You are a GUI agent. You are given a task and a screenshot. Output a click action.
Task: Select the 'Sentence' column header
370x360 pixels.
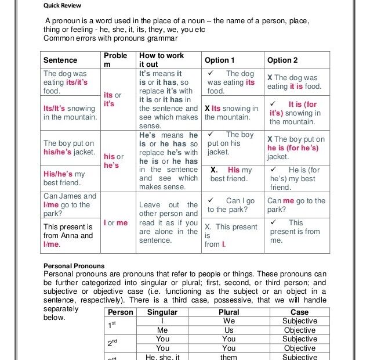point(60,60)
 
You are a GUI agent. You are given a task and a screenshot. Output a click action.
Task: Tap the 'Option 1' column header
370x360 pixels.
point(220,60)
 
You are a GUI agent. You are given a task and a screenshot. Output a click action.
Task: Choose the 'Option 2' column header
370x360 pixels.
point(282,60)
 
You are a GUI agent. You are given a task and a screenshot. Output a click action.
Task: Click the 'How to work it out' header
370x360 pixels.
point(161,60)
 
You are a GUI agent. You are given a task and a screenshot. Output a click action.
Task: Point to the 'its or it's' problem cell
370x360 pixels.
point(113,99)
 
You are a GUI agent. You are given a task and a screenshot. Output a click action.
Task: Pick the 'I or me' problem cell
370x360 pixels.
point(115,223)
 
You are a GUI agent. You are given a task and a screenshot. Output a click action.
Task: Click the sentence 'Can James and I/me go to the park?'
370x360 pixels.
point(70,205)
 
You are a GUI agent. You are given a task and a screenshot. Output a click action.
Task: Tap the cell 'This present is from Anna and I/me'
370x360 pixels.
point(68,236)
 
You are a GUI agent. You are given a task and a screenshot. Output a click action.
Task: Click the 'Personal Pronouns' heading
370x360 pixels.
point(74,266)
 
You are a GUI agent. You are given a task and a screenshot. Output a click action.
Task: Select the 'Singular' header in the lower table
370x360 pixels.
point(162,312)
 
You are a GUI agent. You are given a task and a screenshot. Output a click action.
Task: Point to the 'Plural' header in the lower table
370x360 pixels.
point(228,312)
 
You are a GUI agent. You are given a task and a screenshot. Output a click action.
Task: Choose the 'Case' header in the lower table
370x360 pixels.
point(299,312)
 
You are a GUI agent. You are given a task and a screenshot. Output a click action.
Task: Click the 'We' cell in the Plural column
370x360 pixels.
point(228,321)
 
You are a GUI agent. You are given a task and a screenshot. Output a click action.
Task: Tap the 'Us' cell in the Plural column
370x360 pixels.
point(228,330)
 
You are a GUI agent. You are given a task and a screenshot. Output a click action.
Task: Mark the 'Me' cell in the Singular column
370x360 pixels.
point(162,330)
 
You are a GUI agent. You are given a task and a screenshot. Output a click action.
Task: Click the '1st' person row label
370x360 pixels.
point(113,325)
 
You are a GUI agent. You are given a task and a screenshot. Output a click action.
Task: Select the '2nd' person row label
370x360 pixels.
point(113,343)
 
